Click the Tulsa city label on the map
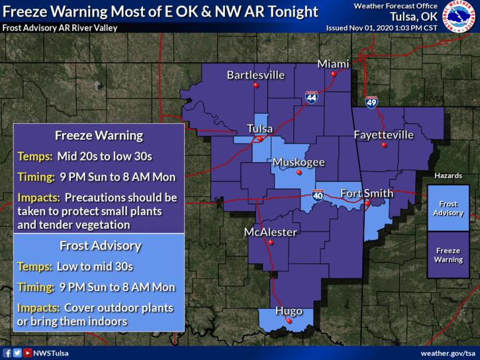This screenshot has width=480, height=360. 259,128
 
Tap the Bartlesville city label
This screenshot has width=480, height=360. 256,75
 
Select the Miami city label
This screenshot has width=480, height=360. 333,64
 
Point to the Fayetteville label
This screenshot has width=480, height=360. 383,135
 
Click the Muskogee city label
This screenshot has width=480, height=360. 299,162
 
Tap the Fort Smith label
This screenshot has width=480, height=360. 366,193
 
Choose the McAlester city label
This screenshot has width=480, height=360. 270,232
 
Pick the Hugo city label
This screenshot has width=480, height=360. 289,311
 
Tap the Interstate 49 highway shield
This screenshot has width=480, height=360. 371,102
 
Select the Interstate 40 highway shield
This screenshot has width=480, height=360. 318,195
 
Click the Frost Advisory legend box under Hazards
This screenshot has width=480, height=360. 448,208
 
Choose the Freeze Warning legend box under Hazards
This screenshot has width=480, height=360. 448,255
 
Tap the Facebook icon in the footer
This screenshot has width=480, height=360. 7,353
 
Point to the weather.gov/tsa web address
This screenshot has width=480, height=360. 448,353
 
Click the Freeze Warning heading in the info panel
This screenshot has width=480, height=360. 99,136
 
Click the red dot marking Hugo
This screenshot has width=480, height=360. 289,321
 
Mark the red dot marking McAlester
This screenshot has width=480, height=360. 270,242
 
